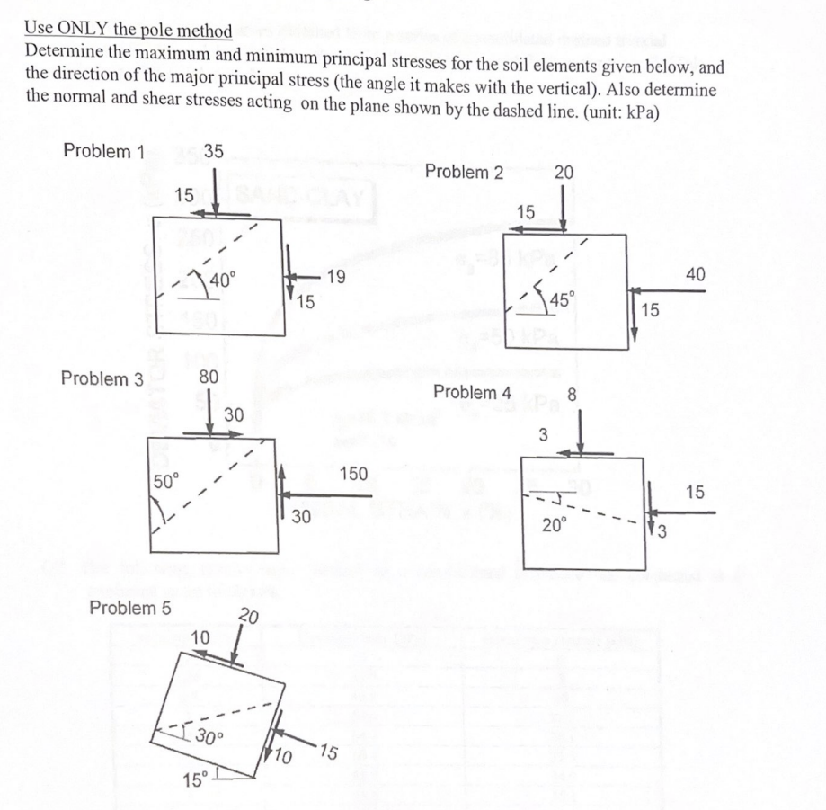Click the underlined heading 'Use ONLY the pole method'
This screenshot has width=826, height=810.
click(129, 31)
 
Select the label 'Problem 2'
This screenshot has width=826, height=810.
click(464, 172)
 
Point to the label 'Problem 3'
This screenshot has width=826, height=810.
click(102, 378)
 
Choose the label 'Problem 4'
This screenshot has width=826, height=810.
click(472, 392)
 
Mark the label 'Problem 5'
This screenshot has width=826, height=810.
click(130, 608)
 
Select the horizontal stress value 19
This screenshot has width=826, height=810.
click(335, 278)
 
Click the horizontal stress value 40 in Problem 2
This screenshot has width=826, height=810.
click(697, 273)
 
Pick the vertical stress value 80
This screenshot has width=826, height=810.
click(208, 378)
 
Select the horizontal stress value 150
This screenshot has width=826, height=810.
click(354, 473)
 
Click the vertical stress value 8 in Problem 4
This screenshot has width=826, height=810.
click(572, 392)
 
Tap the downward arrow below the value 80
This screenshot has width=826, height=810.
click(208, 413)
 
